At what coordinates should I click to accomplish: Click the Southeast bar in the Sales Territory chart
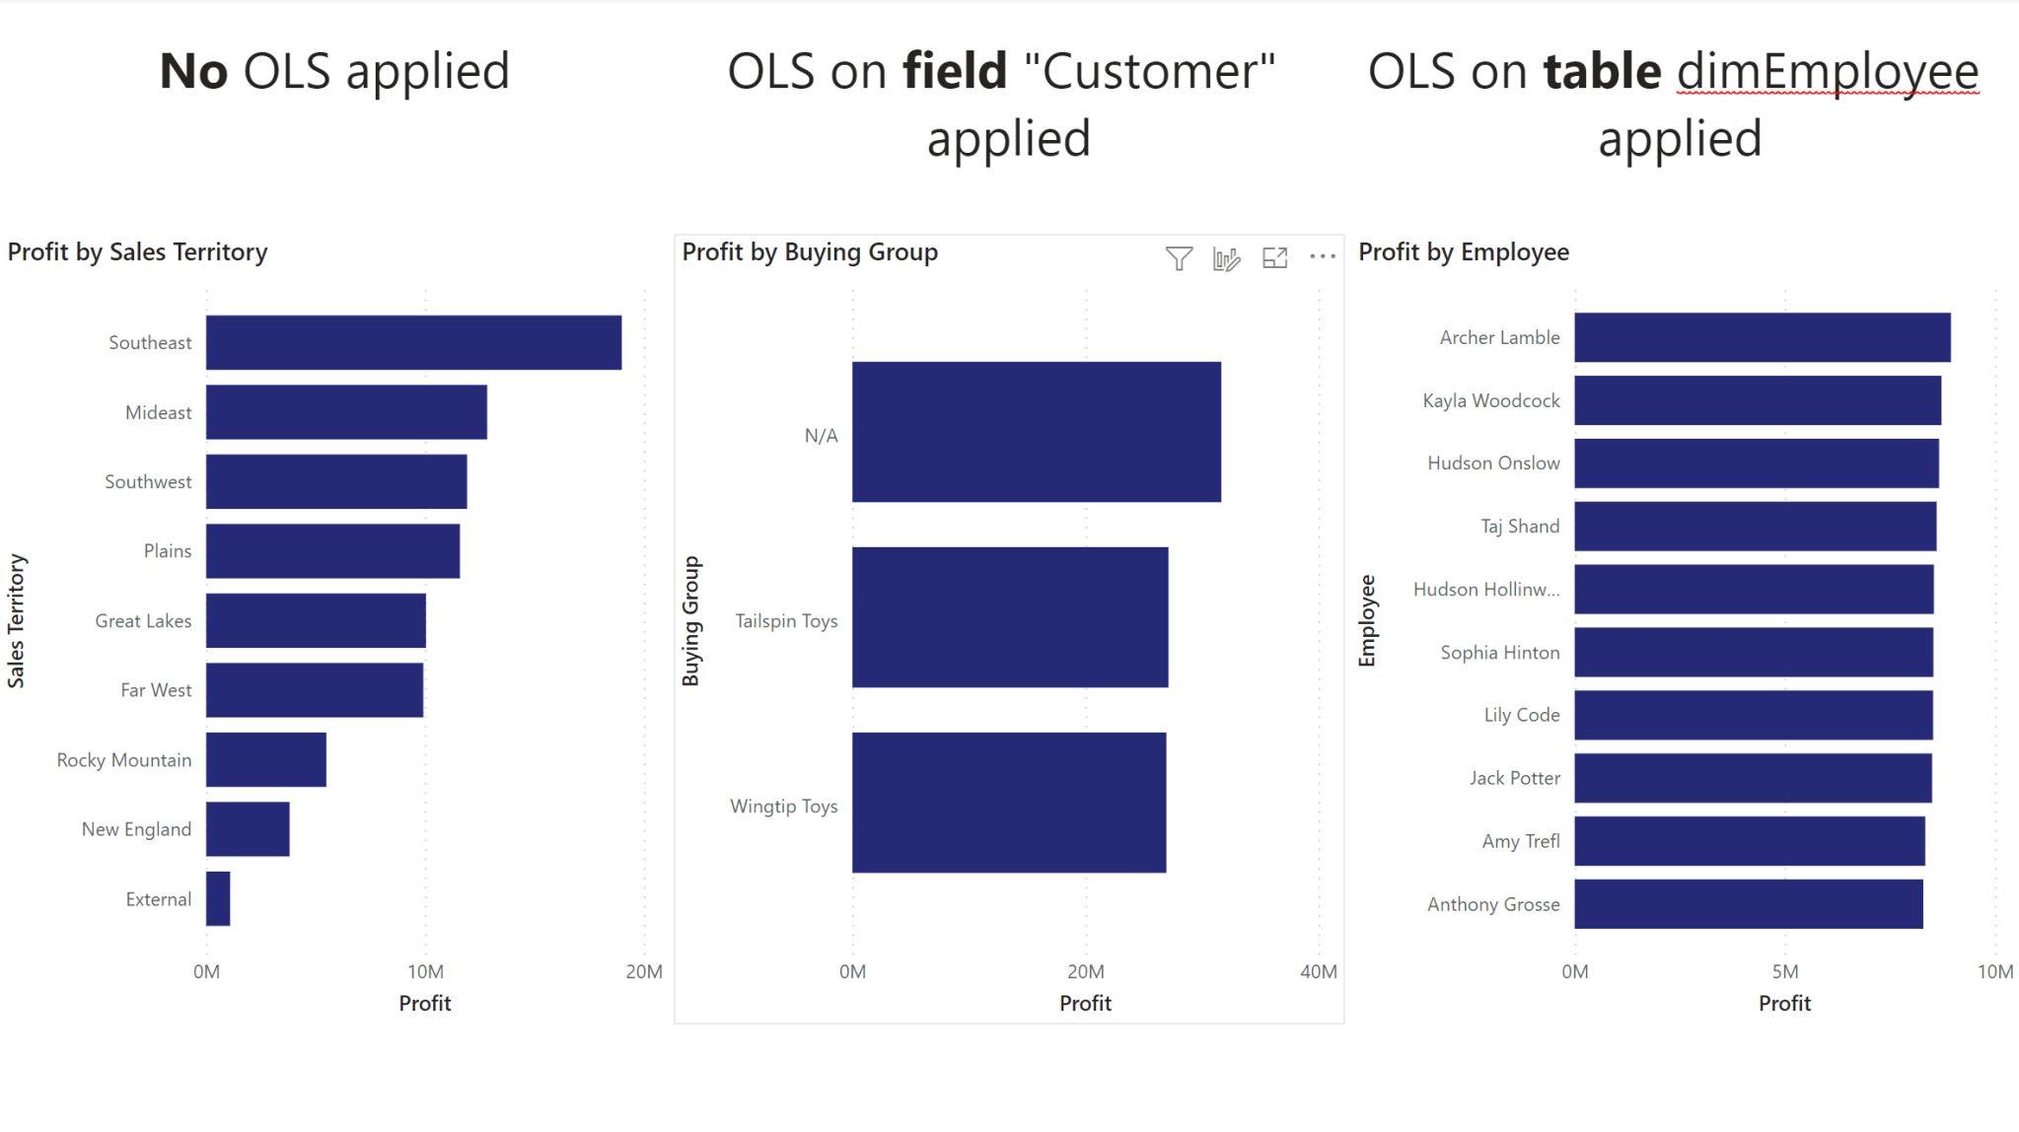413,342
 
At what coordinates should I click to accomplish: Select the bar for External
218,898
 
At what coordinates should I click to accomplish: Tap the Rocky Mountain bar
265,759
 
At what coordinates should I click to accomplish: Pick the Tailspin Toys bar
1009,617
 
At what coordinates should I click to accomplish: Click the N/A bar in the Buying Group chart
1036,432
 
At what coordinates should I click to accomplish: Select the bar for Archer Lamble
1762,337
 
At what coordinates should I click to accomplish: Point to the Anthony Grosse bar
1748,903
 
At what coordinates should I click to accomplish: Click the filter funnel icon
1179,258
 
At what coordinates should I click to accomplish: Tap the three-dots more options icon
1323,257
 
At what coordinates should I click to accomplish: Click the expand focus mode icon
1275,258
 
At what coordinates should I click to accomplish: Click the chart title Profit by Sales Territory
137,252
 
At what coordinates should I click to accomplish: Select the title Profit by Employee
1464,252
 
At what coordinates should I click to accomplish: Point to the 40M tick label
1318,971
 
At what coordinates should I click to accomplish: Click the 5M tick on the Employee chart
1784,971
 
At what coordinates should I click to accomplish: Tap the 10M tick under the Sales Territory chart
425,971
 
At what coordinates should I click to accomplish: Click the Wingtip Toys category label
783,807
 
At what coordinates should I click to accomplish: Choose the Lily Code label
1521,715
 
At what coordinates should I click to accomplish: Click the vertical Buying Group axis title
690,621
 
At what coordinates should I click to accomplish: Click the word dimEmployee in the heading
1828,72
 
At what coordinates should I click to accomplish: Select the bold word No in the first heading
194,72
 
